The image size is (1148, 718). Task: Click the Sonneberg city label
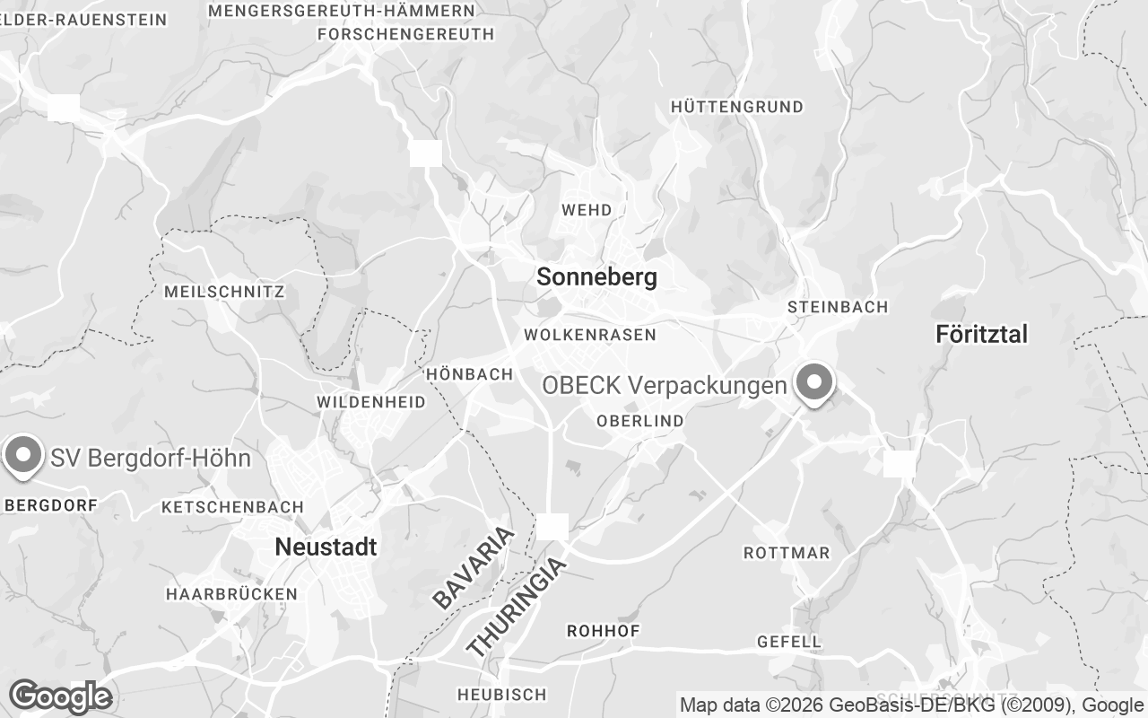pos(596,277)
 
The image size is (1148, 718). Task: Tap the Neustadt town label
pos(326,547)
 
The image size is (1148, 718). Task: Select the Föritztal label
pos(981,335)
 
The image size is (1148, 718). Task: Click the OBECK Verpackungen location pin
pos(814,383)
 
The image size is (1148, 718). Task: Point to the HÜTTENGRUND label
pos(736,107)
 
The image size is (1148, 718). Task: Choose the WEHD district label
pos(587,210)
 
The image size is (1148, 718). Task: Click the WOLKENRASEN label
pos(590,335)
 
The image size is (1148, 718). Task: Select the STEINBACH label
pos(837,307)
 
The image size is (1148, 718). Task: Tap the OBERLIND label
pos(639,421)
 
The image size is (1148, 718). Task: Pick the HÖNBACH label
pos(470,374)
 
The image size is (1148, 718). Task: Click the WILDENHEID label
pos(370,403)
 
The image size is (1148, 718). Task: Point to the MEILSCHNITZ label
pos(224,292)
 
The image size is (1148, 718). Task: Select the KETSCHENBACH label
pos(232,507)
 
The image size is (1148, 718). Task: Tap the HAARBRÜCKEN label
pos(231,594)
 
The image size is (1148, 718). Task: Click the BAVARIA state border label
pos(474,568)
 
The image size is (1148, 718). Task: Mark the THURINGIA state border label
pos(517,607)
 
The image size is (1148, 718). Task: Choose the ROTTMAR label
pos(787,553)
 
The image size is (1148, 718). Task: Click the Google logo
pos(60,696)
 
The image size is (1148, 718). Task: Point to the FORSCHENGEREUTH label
pos(405,34)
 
